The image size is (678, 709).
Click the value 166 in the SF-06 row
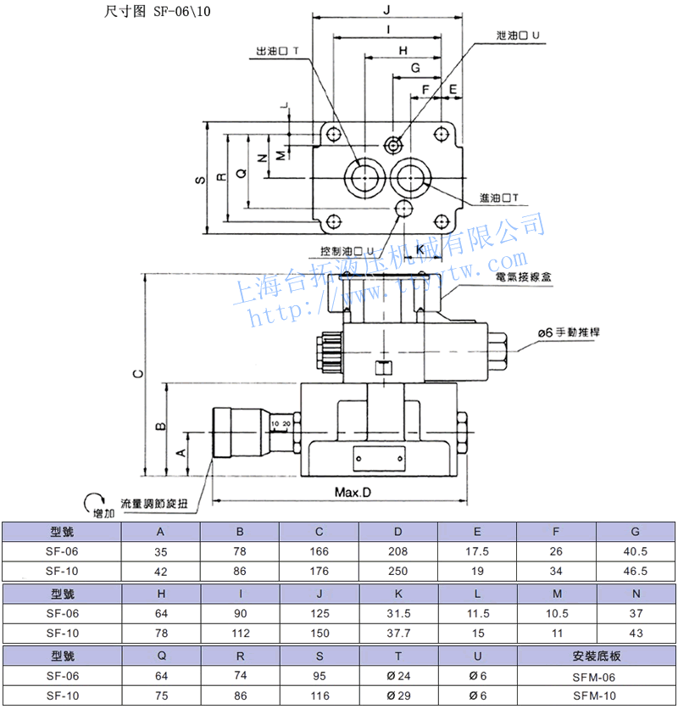(x=320, y=552)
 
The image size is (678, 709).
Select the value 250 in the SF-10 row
(x=398, y=572)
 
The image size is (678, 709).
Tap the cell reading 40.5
(x=636, y=552)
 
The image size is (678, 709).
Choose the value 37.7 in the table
(x=398, y=633)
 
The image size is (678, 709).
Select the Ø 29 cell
(x=398, y=696)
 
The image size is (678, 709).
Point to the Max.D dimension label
(x=353, y=492)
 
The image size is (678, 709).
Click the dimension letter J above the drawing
(x=386, y=9)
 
